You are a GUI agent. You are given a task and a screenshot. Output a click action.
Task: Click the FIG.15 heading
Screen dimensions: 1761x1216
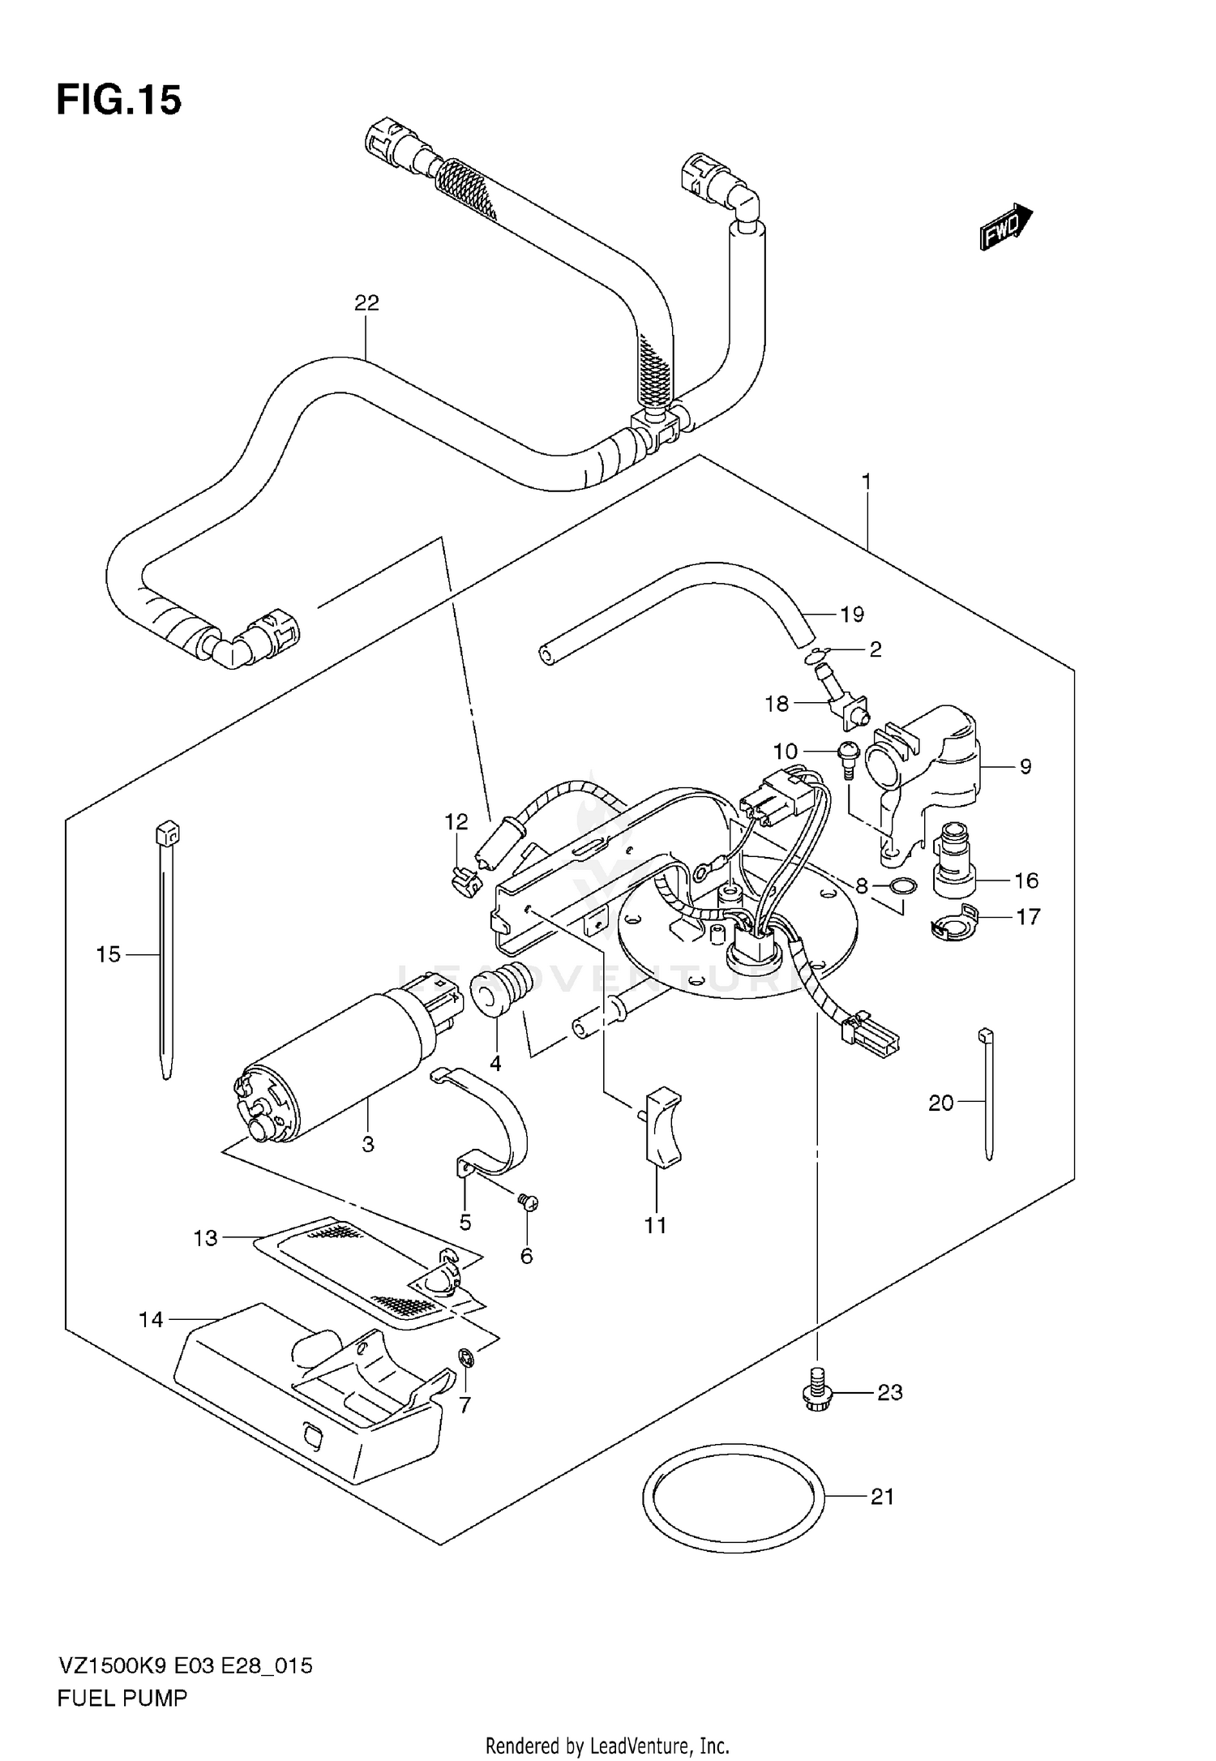[119, 101]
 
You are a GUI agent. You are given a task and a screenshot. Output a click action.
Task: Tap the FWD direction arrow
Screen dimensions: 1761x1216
[1005, 228]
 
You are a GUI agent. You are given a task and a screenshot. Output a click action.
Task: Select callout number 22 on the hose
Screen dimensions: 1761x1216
[366, 303]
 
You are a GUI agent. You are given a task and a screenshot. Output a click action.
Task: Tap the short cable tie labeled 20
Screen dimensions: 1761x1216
[987, 1095]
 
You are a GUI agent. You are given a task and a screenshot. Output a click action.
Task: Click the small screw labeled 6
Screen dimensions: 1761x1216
[528, 1202]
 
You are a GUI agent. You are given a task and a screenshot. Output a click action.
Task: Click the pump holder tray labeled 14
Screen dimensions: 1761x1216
[308, 1386]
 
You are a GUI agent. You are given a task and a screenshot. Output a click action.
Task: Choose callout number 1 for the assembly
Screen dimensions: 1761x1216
[866, 482]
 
